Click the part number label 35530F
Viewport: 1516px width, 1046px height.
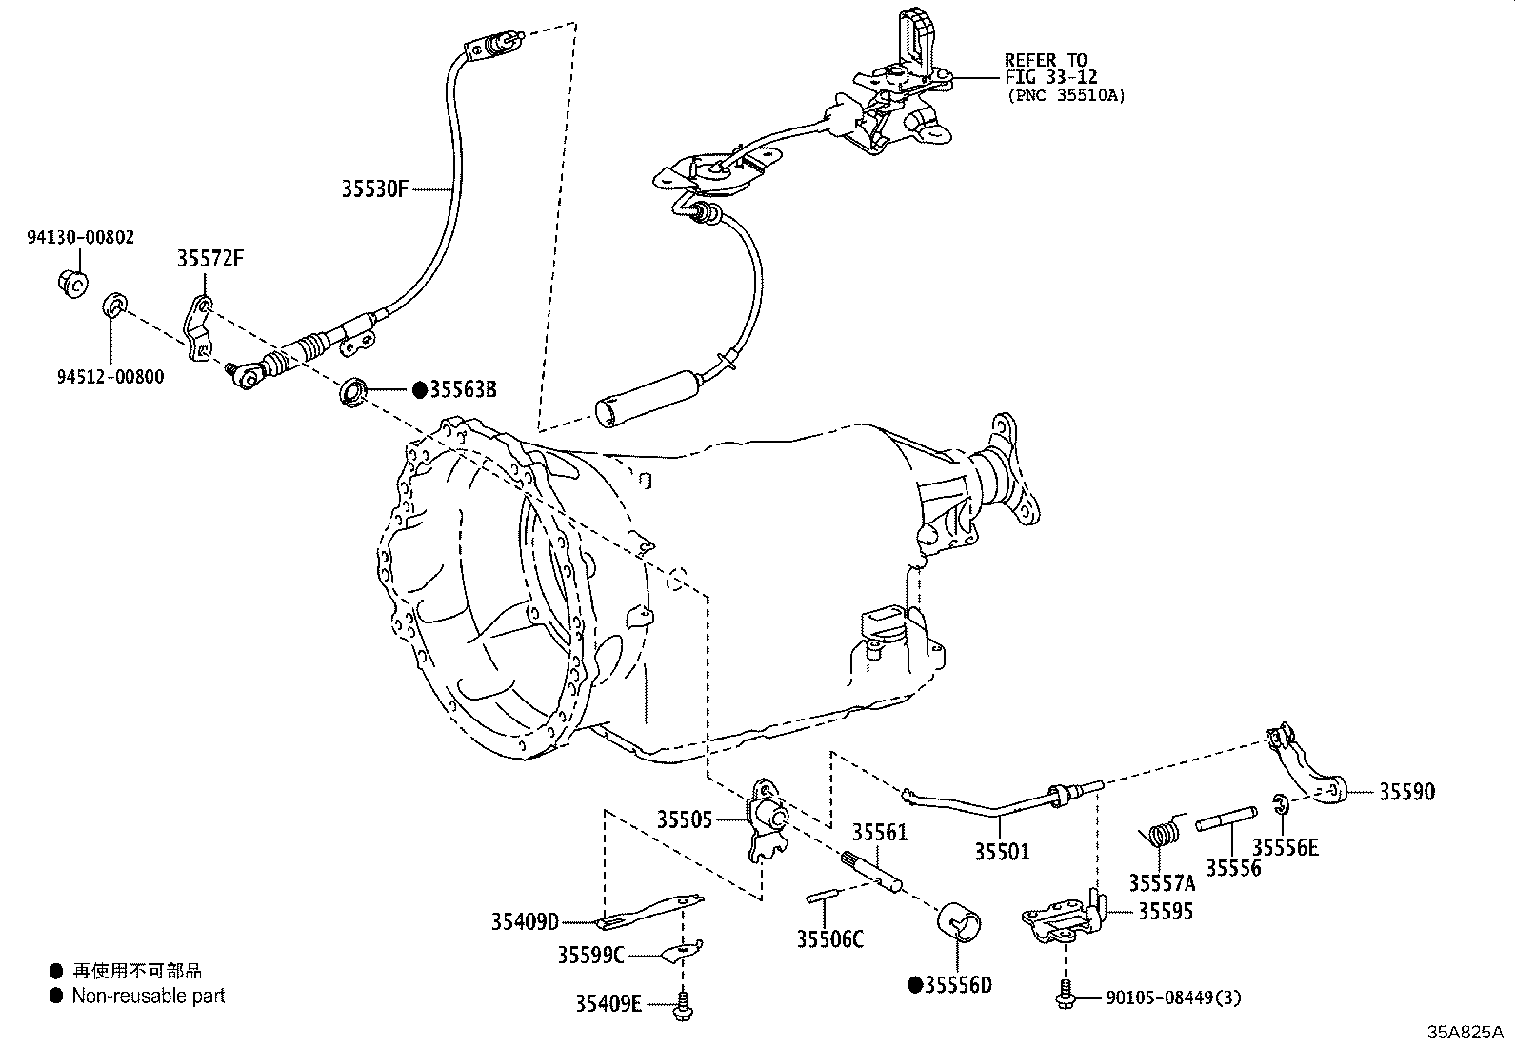pos(374,189)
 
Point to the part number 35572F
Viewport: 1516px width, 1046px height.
pos(209,259)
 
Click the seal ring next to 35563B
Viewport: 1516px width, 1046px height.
pos(352,391)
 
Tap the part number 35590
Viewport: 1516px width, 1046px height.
pos(1406,792)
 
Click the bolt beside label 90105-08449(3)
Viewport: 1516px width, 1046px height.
pos(1066,994)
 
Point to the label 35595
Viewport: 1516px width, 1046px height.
pos(1166,912)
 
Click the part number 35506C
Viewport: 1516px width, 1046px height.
pos(829,939)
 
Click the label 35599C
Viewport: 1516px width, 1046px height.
pos(590,955)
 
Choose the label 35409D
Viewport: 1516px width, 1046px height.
pos(525,921)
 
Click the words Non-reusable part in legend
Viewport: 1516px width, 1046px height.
pos(149,996)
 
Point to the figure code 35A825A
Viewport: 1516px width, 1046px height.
pos(1464,1032)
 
